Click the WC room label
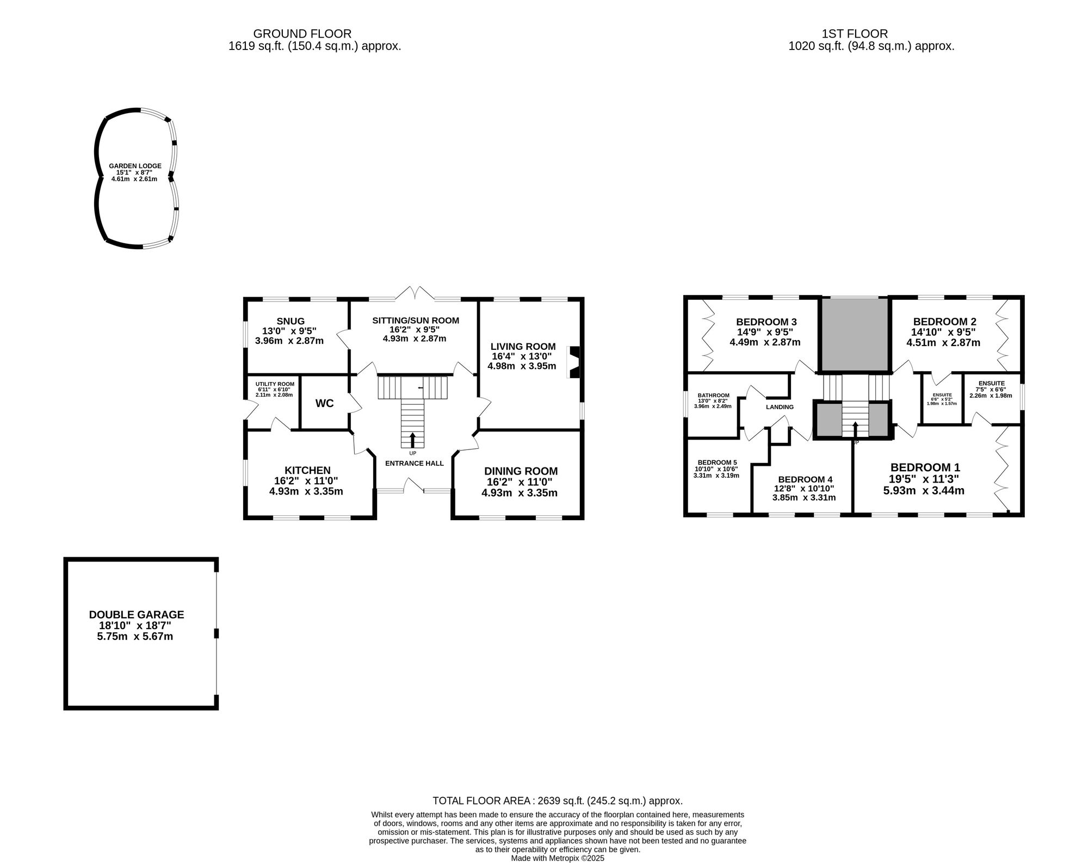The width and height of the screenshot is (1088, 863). coord(324,403)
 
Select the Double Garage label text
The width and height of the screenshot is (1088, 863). coord(137,614)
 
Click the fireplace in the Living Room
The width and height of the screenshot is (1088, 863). coord(574,362)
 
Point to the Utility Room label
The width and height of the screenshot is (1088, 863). coord(275,384)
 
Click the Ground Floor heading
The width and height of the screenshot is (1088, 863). coord(302,34)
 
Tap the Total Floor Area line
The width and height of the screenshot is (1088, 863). coord(557,801)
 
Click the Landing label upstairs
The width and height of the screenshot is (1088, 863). coord(780,407)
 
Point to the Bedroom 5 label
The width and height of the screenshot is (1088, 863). coord(717,463)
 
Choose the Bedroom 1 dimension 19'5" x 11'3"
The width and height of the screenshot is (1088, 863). coord(924,479)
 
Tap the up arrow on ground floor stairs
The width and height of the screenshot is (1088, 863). coord(412,439)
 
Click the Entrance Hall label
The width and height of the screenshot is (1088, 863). coord(414,464)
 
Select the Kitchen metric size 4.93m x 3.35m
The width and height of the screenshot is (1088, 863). coord(306,491)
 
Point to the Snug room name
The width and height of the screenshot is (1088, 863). coord(290,321)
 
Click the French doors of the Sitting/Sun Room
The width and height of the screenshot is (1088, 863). coord(415,294)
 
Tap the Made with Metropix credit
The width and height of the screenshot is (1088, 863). coord(557,858)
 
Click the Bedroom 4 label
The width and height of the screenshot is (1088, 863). coord(805,479)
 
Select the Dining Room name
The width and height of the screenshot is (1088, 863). coord(521,471)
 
